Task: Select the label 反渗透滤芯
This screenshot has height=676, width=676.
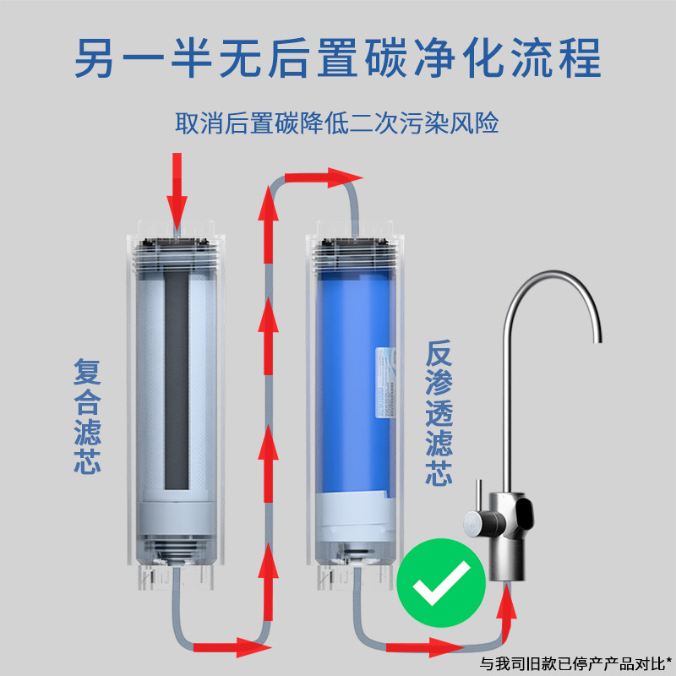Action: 437,413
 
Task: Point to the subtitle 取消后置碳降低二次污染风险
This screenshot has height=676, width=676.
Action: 337,124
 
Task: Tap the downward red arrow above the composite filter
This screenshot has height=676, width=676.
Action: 177,189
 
